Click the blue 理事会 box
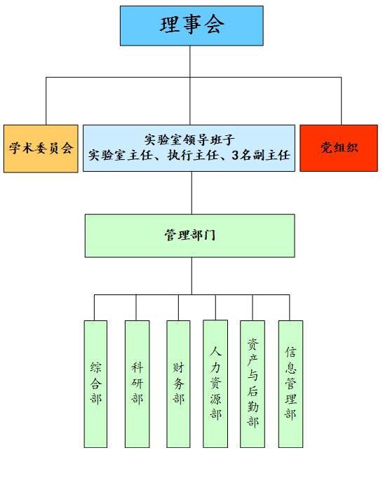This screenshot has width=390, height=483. tap(191, 26)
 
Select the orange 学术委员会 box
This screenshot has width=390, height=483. tap(41, 149)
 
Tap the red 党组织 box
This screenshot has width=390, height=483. tap(339, 148)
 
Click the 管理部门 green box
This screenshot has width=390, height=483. tap(189, 236)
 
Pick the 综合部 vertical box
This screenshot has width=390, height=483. tap(95, 384)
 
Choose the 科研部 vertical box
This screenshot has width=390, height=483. tap(137, 384)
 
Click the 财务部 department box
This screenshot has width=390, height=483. tap(178, 384)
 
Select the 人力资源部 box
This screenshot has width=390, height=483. tap(215, 383)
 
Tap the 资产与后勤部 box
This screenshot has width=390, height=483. tap(253, 384)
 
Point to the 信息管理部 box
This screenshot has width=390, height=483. tap(290, 384)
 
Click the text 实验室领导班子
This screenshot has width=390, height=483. tap(189, 140)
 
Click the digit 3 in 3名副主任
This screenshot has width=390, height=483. tap(235, 155)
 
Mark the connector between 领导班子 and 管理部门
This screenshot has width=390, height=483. tap(191, 193)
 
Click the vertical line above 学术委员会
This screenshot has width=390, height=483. tap(46, 101)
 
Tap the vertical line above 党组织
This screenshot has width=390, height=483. tap(341, 101)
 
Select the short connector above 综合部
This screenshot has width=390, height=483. tap(94, 308)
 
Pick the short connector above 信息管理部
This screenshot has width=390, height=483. tap(289, 308)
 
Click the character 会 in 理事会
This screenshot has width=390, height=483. tap(215, 25)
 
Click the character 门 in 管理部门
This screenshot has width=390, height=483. tap(209, 236)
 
